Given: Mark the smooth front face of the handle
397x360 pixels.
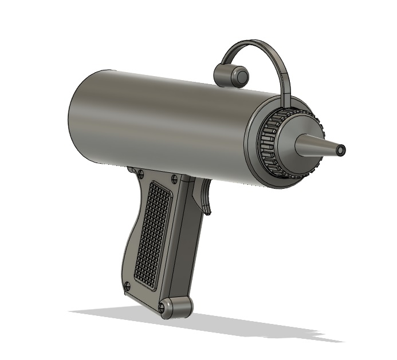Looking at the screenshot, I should tap(189, 240).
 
